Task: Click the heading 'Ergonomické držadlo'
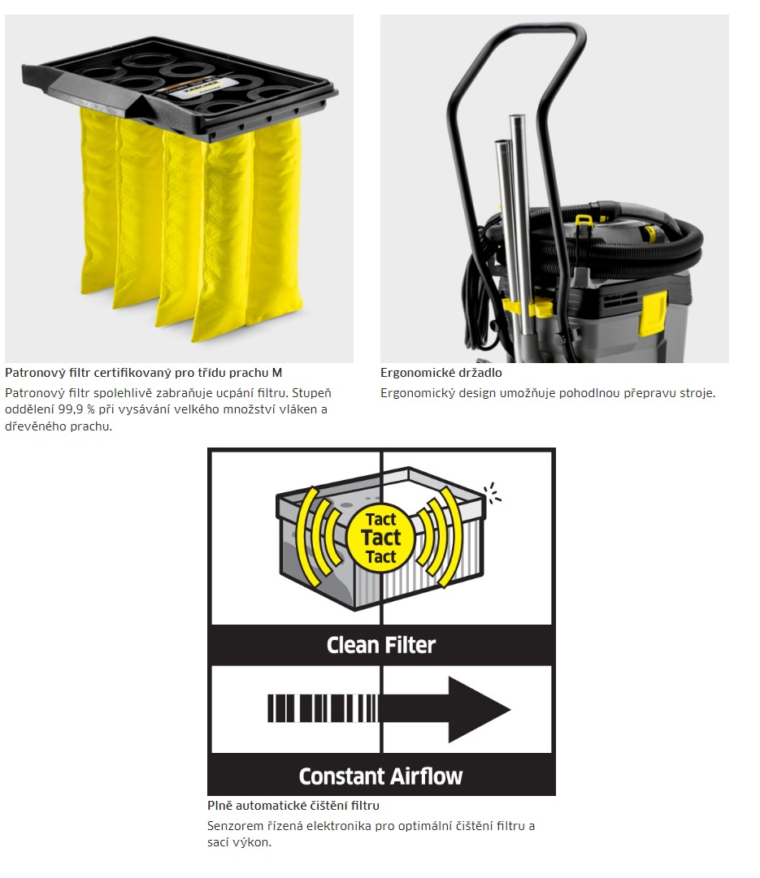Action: click(441, 373)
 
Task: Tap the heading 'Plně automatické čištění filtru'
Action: click(293, 806)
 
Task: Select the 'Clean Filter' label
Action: click(381, 645)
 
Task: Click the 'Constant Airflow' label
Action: click(381, 776)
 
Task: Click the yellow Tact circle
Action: click(381, 538)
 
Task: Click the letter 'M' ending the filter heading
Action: click(277, 373)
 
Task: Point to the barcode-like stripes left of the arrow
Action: click(323, 708)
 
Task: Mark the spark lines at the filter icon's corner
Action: click(493, 493)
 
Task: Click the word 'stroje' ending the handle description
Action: click(697, 393)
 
